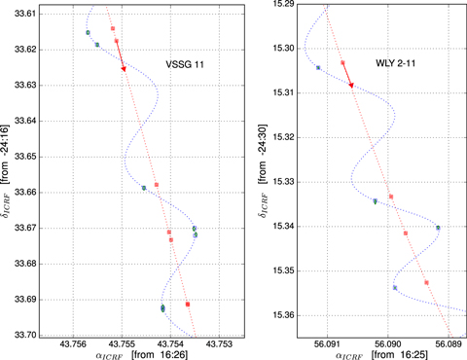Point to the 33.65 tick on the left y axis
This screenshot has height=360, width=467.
click(x=26, y=157)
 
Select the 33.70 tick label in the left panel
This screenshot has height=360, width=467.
click(x=26, y=335)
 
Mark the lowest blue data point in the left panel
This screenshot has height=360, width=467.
click(x=162, y=307)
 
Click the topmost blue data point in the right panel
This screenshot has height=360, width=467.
click(x=318, y=67)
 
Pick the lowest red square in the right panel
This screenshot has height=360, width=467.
click(x=426, y=282)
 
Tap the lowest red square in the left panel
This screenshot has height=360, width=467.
click(x=188, y=305)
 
